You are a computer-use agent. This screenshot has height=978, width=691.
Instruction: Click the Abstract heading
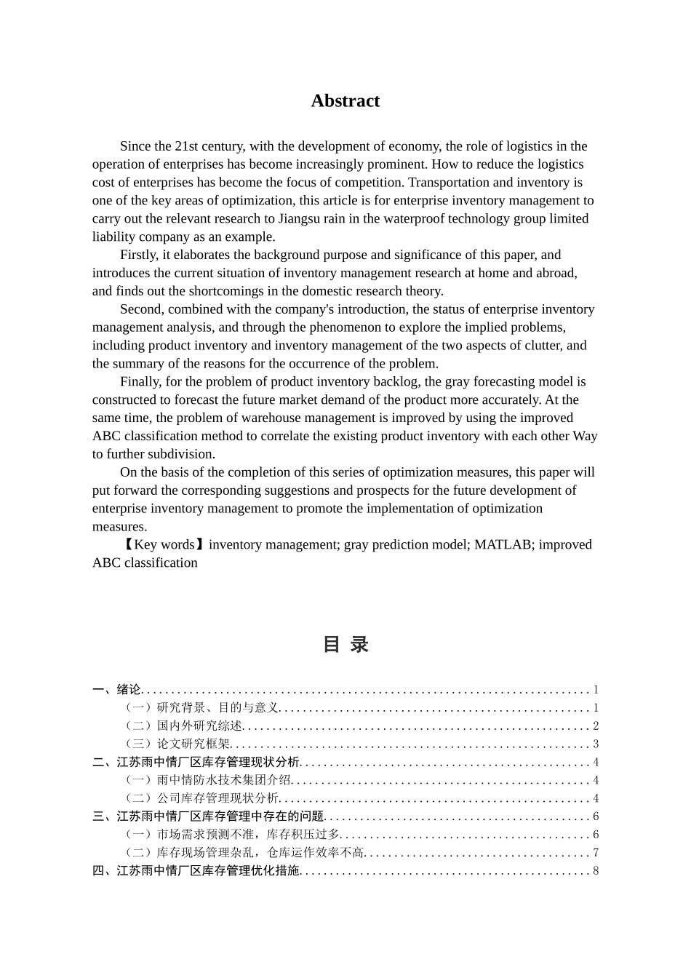tap(345, 100)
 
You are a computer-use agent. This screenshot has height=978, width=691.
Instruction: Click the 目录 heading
tap(345, 645)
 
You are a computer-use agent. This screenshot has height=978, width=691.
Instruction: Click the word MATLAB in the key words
tap(503, 544)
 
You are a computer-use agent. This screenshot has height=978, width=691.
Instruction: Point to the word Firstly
tap(139, 255)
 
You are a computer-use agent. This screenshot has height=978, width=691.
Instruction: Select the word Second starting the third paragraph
tap(142, 309)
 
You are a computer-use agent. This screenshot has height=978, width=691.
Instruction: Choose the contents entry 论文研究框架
tap(193, 744)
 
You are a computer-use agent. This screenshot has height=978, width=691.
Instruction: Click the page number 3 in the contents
tap(596, 744)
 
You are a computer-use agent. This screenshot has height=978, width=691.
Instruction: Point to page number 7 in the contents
tap(596, 853)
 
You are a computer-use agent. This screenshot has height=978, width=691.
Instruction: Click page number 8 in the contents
tap(596, 871)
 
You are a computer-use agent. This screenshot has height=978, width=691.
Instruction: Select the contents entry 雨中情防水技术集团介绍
tap(223, 780)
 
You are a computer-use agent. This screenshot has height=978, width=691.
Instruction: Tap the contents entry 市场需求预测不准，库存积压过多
tap(248, 835)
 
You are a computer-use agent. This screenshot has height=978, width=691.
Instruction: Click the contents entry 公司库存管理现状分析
tap(217, 798)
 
